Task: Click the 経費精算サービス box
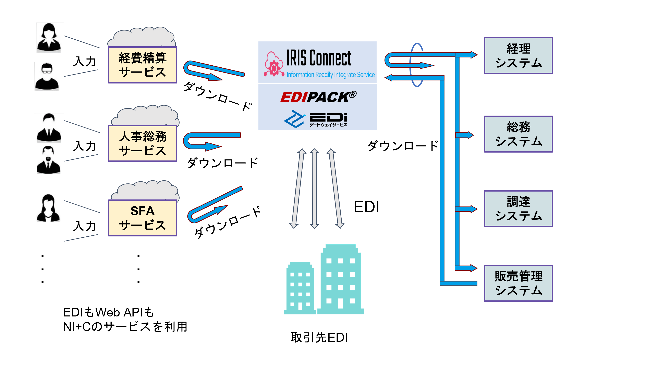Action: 143,65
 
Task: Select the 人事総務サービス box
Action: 143,144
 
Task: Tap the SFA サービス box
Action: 143,218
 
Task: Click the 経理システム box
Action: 518,56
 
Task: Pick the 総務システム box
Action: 518,134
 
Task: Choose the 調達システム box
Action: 518,209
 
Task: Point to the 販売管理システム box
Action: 518,283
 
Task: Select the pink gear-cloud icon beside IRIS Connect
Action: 273,65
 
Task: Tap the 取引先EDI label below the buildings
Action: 319,337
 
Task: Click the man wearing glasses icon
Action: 47,77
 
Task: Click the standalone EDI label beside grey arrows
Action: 366,207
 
